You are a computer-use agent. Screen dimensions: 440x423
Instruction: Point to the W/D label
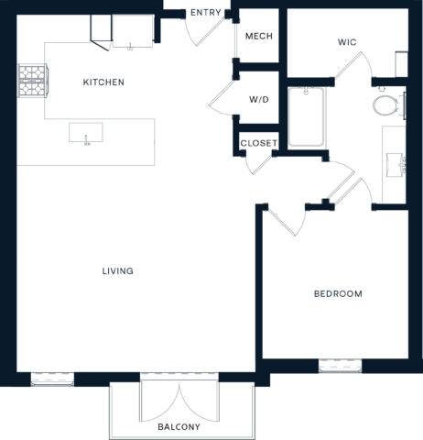258,99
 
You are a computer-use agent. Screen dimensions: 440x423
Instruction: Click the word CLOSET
258,143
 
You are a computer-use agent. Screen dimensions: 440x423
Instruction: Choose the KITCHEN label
103,82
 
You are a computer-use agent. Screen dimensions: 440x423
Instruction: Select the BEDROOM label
338,294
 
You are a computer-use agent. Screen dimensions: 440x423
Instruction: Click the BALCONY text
178,427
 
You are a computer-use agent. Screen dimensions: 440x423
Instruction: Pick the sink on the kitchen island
86,133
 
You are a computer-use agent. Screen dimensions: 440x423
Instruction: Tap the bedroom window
338,366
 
